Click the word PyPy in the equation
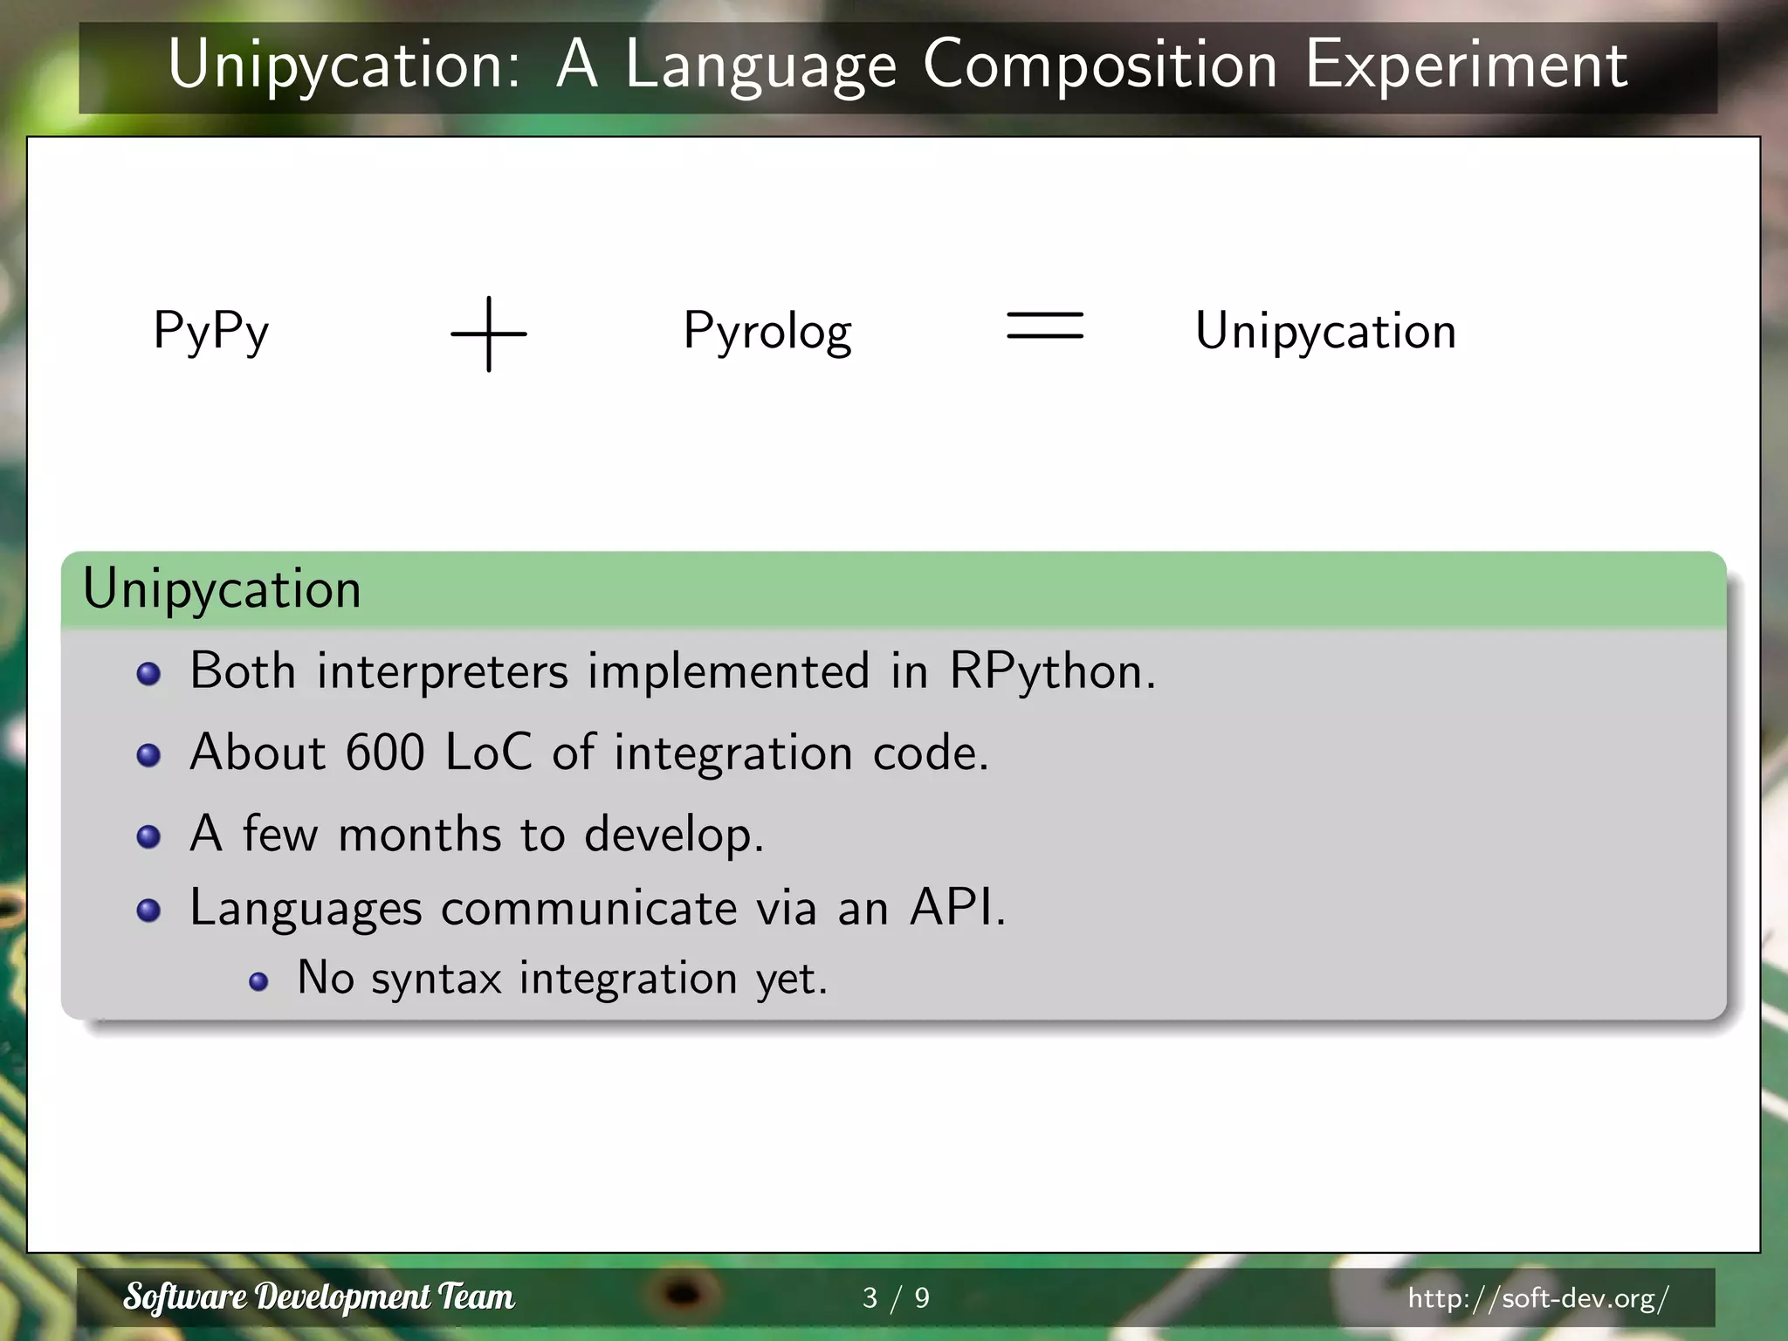pos(211,332)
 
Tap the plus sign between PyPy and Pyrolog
pos(489,334)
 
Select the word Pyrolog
pos(767,332)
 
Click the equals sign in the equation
pos(1045,326)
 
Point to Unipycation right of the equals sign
pos(1325,332)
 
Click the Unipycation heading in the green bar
pos(222,588)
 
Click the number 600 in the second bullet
pos(385,753)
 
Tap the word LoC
pos(488,753)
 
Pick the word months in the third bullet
pos(419,835)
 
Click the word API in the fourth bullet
pos(957,908)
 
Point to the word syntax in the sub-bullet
pos(437,980)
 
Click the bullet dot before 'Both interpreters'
pos(149,674)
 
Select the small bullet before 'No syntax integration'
pos(258,982)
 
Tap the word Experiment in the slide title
pos(1466,65)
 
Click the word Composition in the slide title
pos(1099,65)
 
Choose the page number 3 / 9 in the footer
pos(896,1298)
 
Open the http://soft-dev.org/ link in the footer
pos(1538,1298)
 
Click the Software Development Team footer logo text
pos(319,1297)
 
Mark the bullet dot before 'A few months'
pos(149,836)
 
